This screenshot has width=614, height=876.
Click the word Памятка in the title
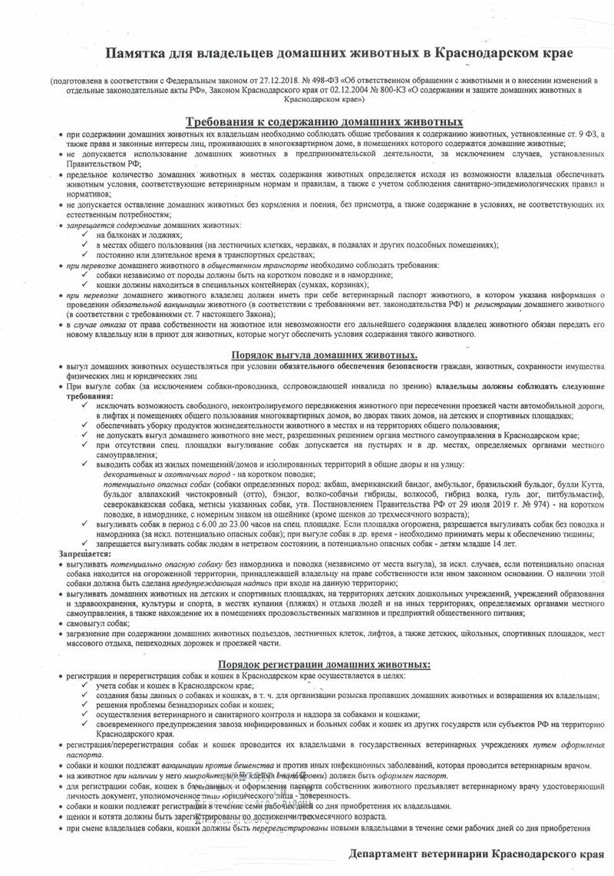click(135, 51)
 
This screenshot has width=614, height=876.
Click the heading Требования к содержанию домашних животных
click(325, 121)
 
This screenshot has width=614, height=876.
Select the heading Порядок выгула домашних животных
click(325, 355)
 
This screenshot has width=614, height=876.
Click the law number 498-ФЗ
click(328, 80)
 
